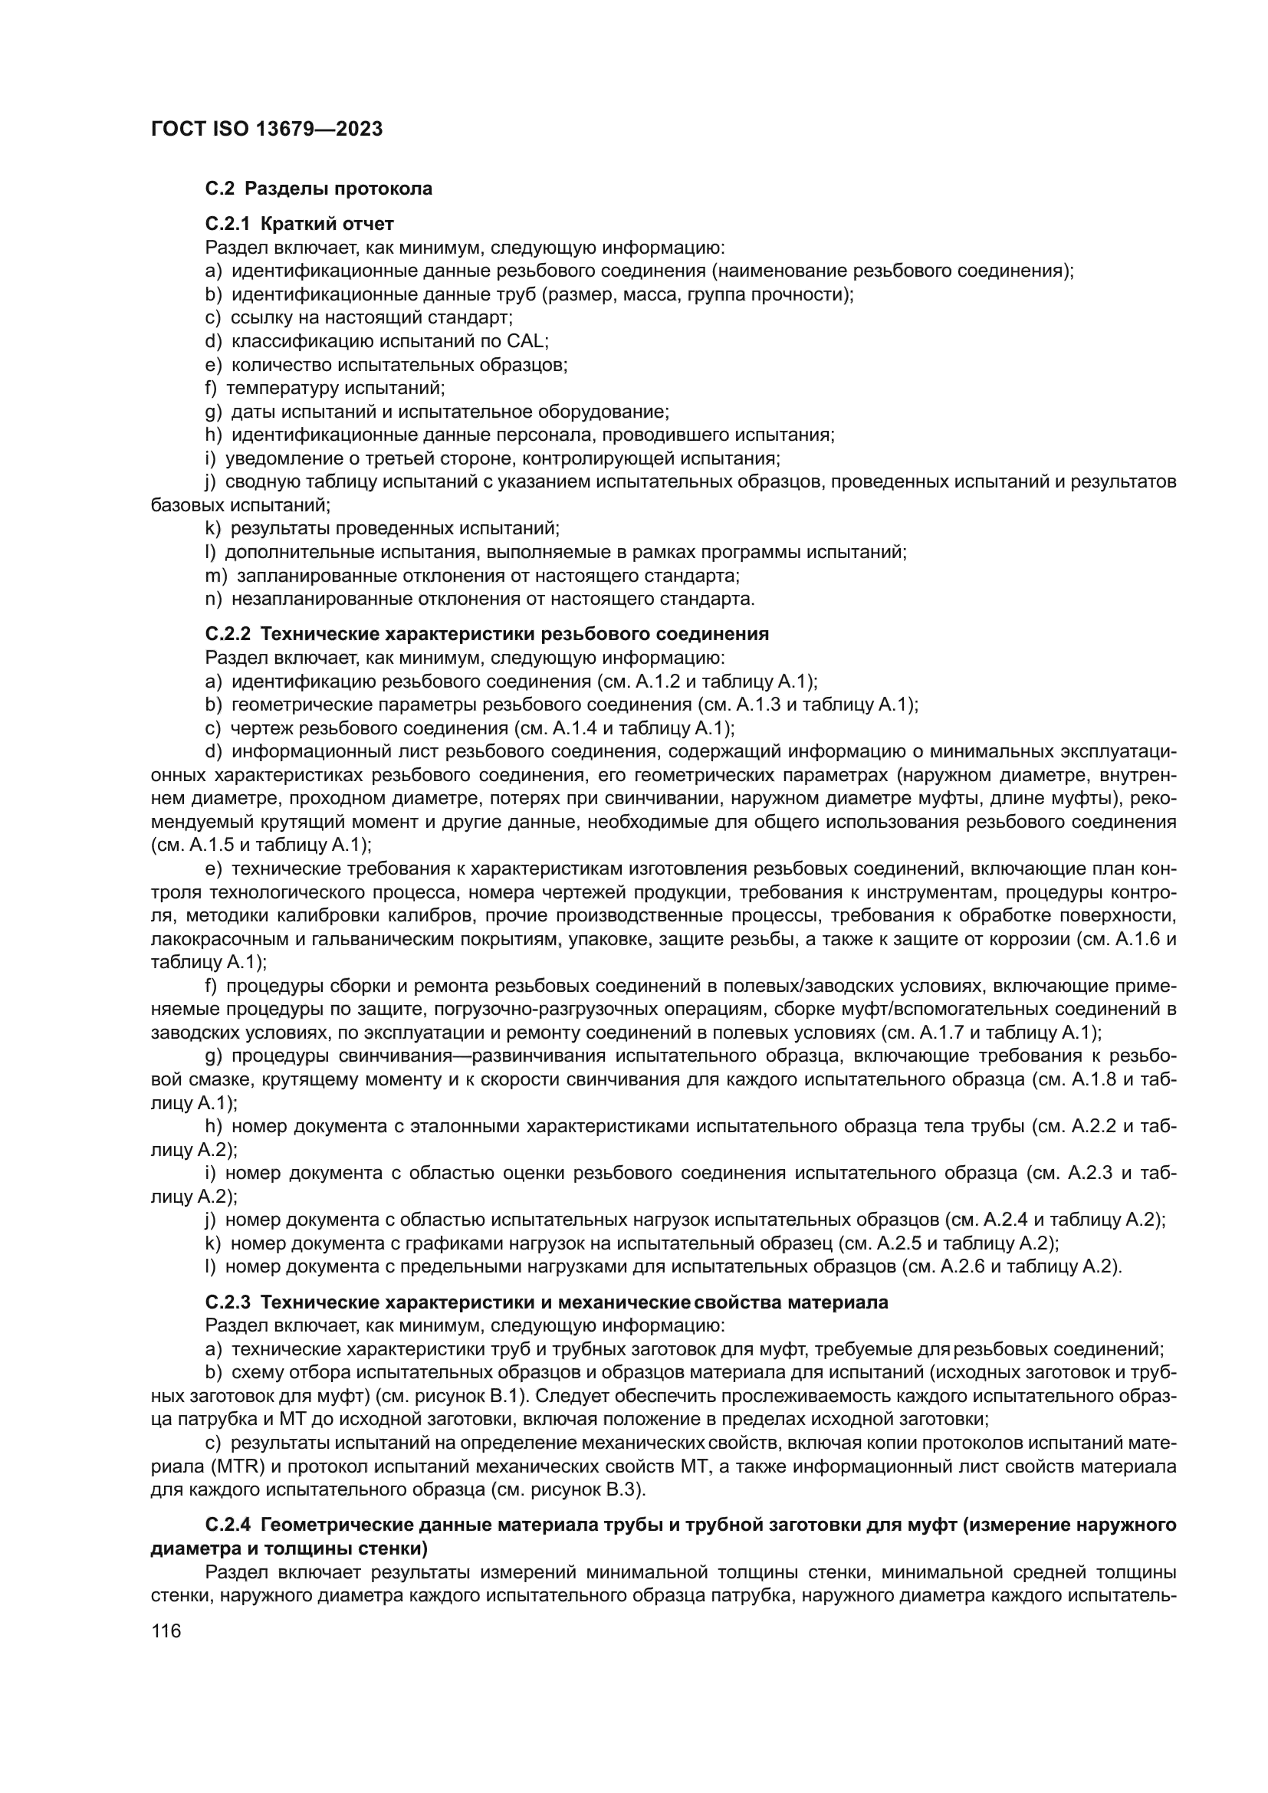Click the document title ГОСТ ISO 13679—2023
tap(266, 129)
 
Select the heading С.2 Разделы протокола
tap(319, 189)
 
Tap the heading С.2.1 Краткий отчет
tap(299, 224)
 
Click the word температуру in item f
tap(284, 388)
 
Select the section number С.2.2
tap(228, 634)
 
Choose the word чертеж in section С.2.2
tap(261, 728)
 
